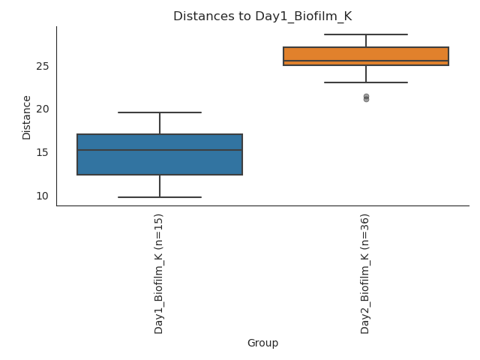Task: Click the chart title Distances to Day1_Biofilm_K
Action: coord(262,16)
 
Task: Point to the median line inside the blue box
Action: coord(160,150)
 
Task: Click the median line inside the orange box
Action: coord(366,61)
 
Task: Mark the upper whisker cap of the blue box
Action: coord(160,112)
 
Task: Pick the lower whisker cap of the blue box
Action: coord(160,197)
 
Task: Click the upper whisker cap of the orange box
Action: coord(366,34)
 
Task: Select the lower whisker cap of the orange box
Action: coord(366,82)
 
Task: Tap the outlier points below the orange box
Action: coord(366,97)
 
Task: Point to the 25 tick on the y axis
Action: coord(42,66)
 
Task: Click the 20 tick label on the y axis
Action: coord(42,109)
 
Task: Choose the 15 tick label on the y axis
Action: coord(42,152)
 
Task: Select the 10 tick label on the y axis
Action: coord(42,196)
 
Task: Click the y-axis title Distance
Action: coord(27,117)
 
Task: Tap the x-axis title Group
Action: coord(262,343)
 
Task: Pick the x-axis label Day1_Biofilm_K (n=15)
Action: coord(159,273)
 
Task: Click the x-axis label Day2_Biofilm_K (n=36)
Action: coord(365,273)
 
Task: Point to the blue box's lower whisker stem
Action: coord(160,186)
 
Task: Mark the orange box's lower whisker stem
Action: coord(366,73)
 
